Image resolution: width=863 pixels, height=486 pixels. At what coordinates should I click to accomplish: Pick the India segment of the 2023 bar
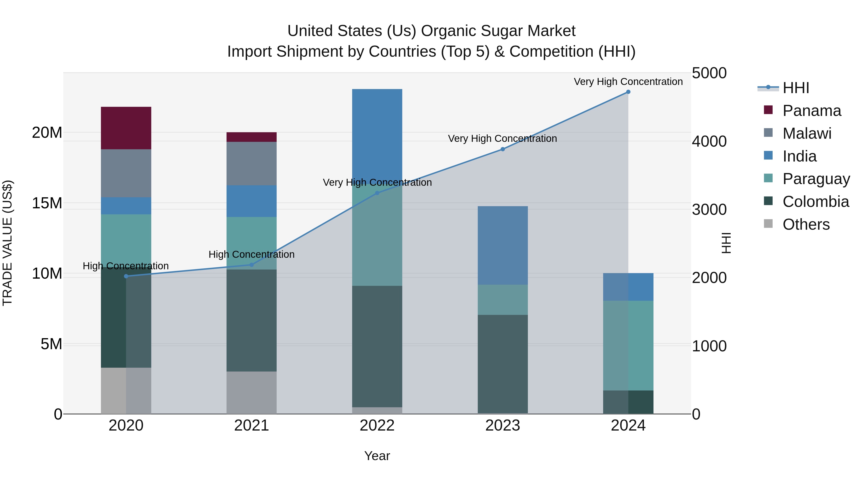tap(502, 245)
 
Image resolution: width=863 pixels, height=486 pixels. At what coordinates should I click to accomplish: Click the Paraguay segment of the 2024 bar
tap(628, 345)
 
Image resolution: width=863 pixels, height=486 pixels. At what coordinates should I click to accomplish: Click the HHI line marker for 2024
tap(628, 92)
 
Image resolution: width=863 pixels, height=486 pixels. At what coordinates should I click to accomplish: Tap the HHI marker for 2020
tap(126, 276)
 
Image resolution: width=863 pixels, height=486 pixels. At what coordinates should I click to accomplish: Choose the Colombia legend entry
tap(816, 202)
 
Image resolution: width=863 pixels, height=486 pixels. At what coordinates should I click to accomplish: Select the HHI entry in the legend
tap(796, 88)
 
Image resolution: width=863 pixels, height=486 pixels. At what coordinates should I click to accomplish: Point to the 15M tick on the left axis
tap(47, 203)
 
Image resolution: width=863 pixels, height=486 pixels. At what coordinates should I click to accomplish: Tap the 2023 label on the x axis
tap(502, 426)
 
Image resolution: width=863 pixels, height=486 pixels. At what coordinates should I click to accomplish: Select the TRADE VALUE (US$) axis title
tap(7, 243)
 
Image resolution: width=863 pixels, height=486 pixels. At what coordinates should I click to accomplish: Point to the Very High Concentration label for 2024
tap(628, 82)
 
